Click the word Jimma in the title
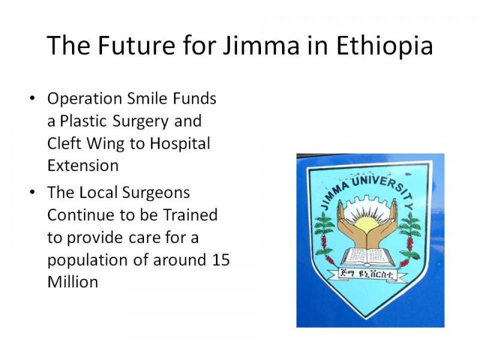tap(261, 45)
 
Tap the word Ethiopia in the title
tap(385, 45)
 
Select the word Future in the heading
tap(137, 45)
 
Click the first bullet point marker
tap(32, 98)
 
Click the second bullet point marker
tap(32, 192)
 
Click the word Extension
tap(83, 166)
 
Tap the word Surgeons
tap(156, 193)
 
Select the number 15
tap(220, 260)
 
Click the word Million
tap(73, 282)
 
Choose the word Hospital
tap(180, 143)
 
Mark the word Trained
tap(190, 215)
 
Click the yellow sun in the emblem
tap(367, 226)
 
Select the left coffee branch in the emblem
tap(324, 238)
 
